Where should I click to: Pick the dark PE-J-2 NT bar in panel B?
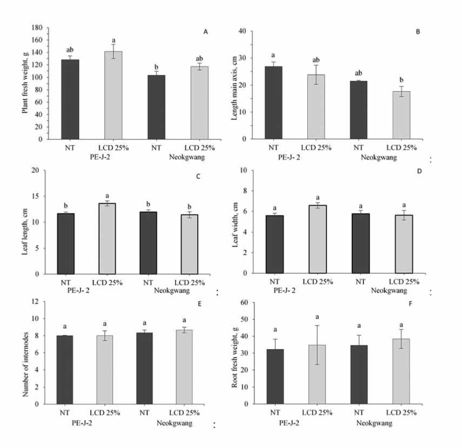(x=273, y=103)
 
